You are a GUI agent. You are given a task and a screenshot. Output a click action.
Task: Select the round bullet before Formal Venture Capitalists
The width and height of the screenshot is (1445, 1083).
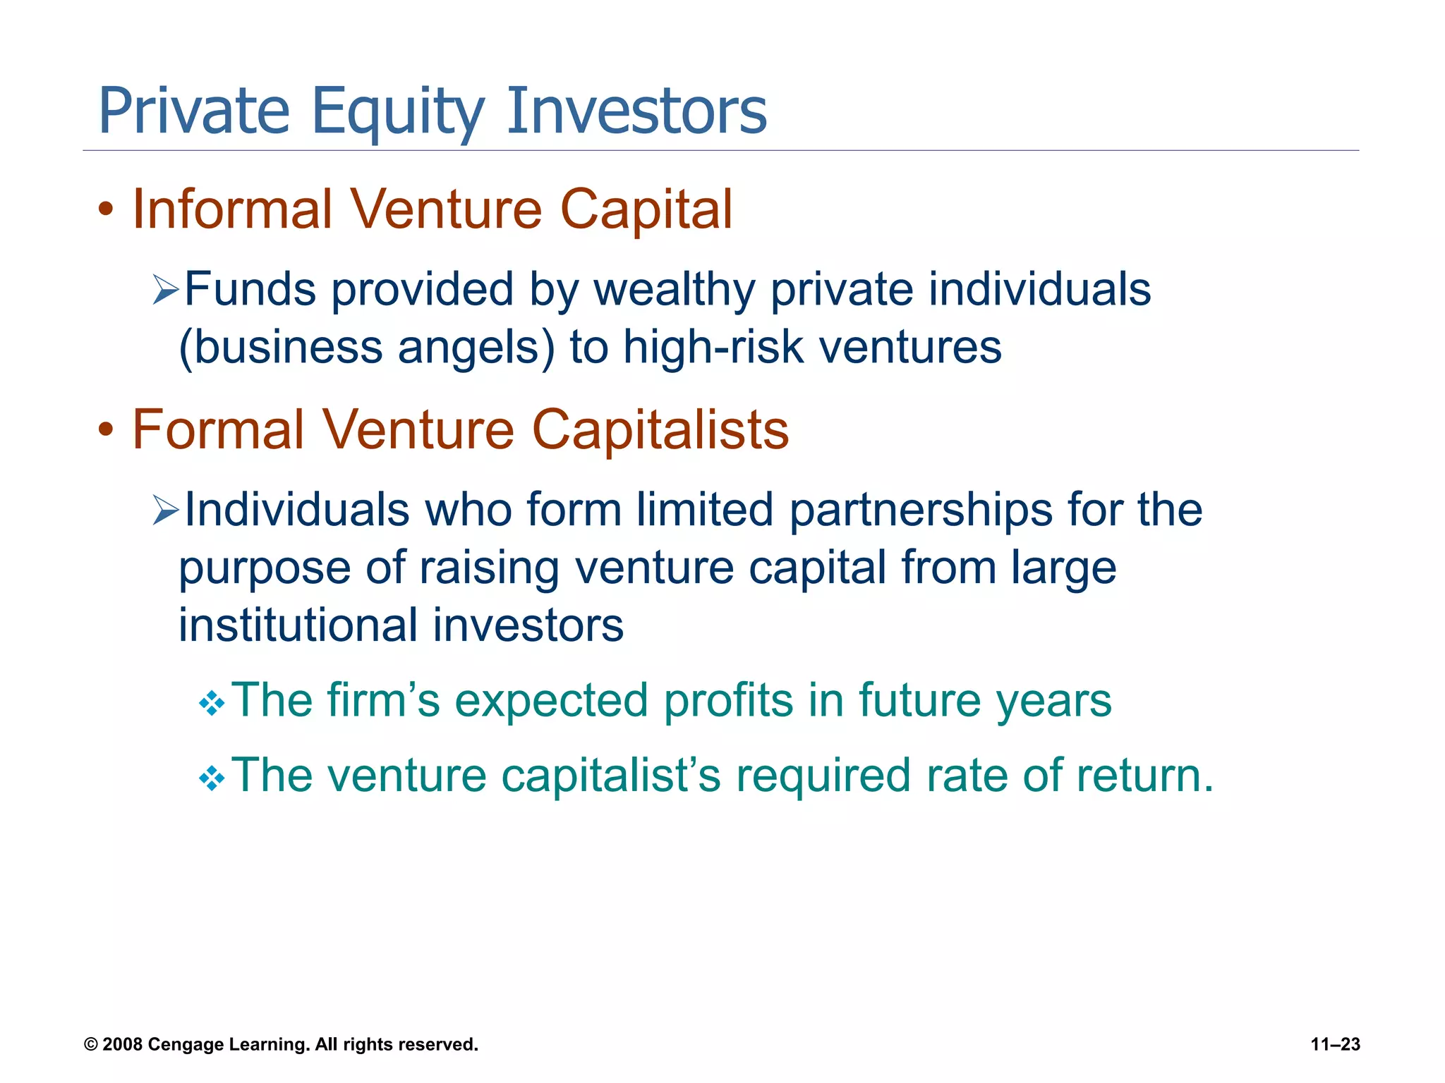click(x=106, y=430)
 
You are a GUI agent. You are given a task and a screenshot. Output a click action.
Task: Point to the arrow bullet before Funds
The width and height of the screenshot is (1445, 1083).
click(x=166, y=290)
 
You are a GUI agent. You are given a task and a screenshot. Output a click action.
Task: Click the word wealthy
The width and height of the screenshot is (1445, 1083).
click(x=674, y=290)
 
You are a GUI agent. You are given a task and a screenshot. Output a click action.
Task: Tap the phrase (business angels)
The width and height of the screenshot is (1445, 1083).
click(x=367, y=348)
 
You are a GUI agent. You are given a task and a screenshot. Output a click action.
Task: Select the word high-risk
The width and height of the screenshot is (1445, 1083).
click(x=713, y=348)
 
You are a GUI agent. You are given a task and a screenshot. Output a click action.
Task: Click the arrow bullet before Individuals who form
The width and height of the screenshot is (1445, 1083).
click(x=166, y=510)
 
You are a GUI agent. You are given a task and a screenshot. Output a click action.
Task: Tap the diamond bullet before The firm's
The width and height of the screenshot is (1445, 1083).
click(x=212, y=704)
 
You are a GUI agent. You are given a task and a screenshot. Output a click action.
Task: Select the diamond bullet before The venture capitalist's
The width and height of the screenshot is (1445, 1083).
click(x=212, y=779)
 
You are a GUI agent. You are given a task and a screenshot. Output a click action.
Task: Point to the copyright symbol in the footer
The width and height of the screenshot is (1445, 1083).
click(x=90, y=1045)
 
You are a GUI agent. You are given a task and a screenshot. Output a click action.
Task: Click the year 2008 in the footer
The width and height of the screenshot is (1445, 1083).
click(x=123, y=1045)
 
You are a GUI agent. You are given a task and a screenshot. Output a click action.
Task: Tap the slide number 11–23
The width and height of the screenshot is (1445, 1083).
click(x=1335, y=1045)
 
